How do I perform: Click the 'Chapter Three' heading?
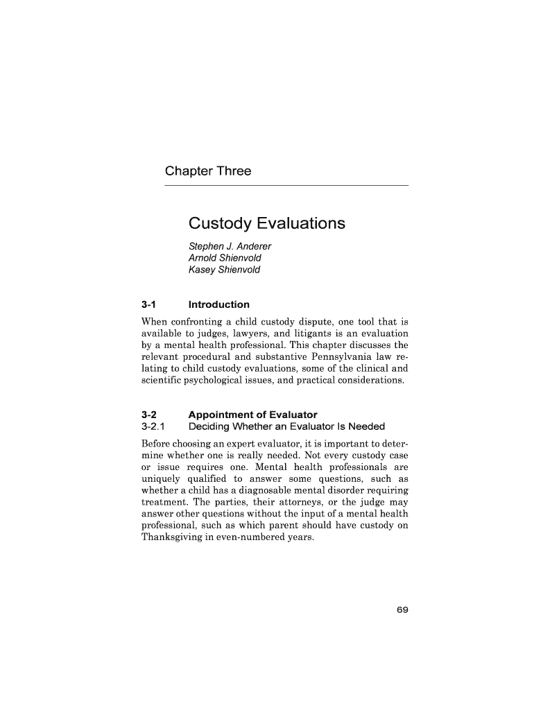pos(207,171)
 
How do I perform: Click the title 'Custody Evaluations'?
pos(266,224)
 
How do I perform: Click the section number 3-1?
pos(148,304)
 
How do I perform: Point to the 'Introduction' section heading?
pos(218,304)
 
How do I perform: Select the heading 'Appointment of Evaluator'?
pos(252,415)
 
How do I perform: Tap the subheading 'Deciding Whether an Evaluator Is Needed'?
pos(286,426)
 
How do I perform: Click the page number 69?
pos(402,610)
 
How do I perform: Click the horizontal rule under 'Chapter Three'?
pos(286,185)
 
